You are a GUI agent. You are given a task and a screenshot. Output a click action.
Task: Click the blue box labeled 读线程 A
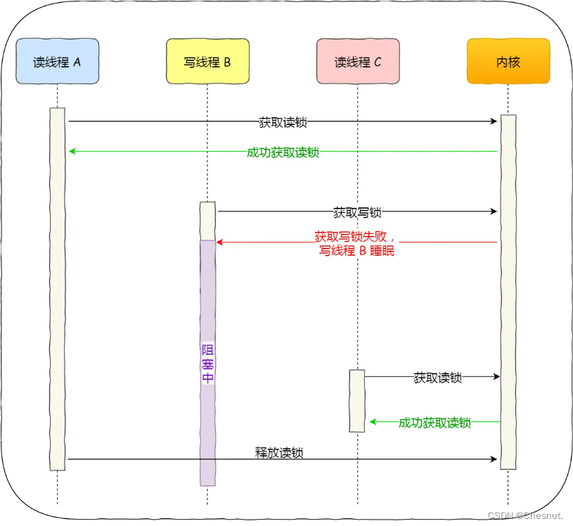click(x=57, y=62)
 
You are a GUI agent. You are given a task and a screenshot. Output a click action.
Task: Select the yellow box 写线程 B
click(x=207, y=62)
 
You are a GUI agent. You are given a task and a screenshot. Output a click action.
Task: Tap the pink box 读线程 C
click(x=358, y=62)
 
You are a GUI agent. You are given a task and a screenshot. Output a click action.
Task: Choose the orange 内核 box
click(x=508, y=62)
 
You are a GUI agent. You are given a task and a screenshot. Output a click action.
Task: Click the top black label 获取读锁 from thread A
click(x=283, y=122)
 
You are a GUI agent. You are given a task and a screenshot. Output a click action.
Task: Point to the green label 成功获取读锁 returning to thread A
click(x=283, y=152)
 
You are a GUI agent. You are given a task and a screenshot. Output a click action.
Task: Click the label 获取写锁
click(x=357, y=212)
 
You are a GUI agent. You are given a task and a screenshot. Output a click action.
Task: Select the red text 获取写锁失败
click(x=356, y=237)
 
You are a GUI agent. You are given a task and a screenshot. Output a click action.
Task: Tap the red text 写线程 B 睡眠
click(x=356, y=250)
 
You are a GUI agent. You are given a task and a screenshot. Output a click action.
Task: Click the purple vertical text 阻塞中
click(x=208, y=363)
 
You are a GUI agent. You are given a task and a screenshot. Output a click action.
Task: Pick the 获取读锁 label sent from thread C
click(x=437, y=378)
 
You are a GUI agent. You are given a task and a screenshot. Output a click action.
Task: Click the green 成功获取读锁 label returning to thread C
click(x=434, y=423)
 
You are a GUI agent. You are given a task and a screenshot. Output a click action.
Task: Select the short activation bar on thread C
click(x=357, y=400)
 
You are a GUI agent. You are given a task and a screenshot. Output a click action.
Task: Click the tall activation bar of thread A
click(x=57, y=288)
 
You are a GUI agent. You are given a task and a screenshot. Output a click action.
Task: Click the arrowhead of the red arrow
click(x=219, y=242)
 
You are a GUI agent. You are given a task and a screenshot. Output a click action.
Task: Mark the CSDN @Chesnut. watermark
click(x=525, y=515)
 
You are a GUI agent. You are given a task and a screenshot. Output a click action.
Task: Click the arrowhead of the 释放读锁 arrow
click(x=494, y=459)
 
